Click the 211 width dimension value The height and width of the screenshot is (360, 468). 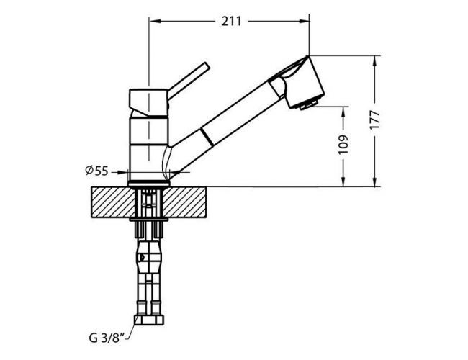(231, 22)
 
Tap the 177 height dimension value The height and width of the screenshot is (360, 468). (374, 120)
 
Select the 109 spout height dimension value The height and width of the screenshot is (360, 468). (343, 145)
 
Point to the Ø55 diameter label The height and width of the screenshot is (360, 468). (96, 171)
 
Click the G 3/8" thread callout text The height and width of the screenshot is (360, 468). (107, 338)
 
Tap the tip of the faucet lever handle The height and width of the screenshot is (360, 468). (206, 66)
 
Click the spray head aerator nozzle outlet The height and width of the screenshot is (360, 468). (308, 105)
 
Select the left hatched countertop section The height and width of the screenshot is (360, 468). (113, 202)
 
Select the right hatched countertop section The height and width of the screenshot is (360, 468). (184, 202)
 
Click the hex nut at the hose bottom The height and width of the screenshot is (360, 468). (149, 320)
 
